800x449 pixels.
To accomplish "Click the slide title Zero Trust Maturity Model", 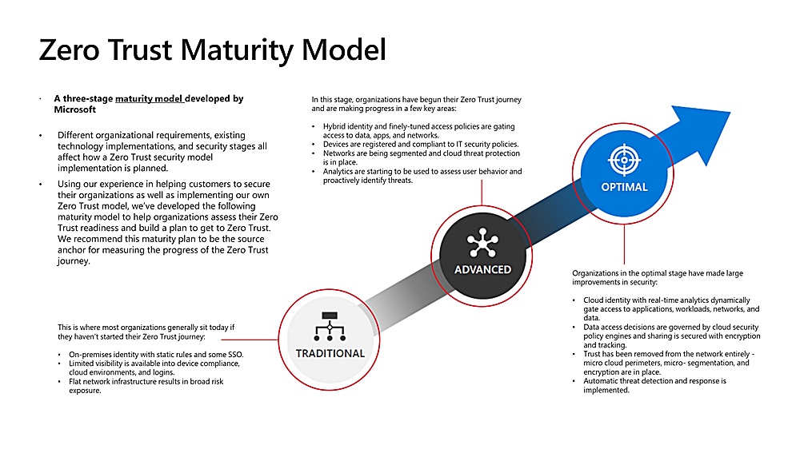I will [x=212, y=50].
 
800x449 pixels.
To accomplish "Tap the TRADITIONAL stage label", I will [x=330, y=353].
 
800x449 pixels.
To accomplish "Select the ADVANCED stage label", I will [x=482, y=269].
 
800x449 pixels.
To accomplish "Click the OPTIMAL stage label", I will [x=624, y=187].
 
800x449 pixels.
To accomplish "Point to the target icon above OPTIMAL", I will [x=623, y=160].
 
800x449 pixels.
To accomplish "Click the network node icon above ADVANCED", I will [x=482, y=242].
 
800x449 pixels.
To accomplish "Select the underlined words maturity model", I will [x=150, y=99].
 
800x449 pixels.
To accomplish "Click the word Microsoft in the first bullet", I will [x=75, y=109].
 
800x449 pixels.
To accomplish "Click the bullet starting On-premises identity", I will [x=156, y=354].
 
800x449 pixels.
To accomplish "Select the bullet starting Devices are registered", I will [x=421, y=145].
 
